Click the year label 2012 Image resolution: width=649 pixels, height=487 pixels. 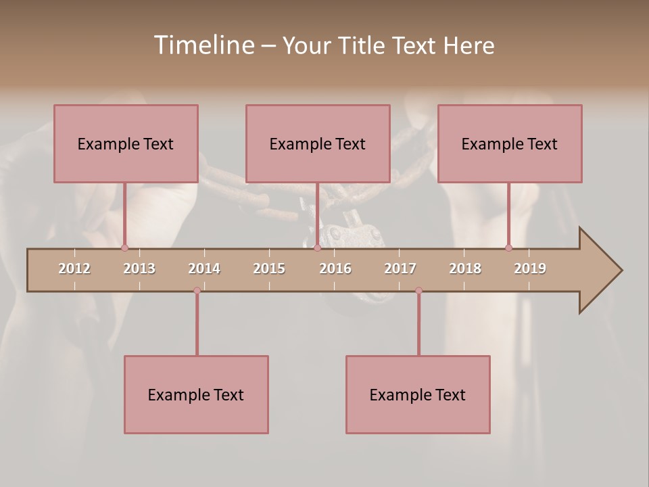coord(74,269)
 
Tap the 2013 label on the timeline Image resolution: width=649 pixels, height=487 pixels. coord(139,269)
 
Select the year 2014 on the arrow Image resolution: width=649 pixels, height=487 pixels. coord(204,269)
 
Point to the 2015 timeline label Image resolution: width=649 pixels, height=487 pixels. coord(269,269)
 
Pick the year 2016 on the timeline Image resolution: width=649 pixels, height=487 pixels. coord(335,269)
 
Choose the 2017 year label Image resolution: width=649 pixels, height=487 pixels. coord(400,269)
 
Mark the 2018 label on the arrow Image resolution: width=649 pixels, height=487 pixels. coord(465,269)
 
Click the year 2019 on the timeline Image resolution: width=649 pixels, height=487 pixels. coord(530,269)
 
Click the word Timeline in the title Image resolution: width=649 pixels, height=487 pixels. coord(203,45)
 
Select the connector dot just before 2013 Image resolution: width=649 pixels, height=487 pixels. coord(124,248)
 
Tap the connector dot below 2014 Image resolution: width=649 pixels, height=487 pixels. coord(197,290)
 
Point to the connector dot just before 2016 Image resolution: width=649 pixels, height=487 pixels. coord(317,248)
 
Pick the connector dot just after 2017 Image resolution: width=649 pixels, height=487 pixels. coord(418,290)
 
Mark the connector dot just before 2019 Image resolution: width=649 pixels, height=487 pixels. coord(508,248)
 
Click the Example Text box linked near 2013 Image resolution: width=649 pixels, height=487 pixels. coord(126,143)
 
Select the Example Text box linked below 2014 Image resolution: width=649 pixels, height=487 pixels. coord(196,394)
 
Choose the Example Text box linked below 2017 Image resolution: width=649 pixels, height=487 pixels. coord(418,394)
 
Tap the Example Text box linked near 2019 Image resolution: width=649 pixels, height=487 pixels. coord(510,143)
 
